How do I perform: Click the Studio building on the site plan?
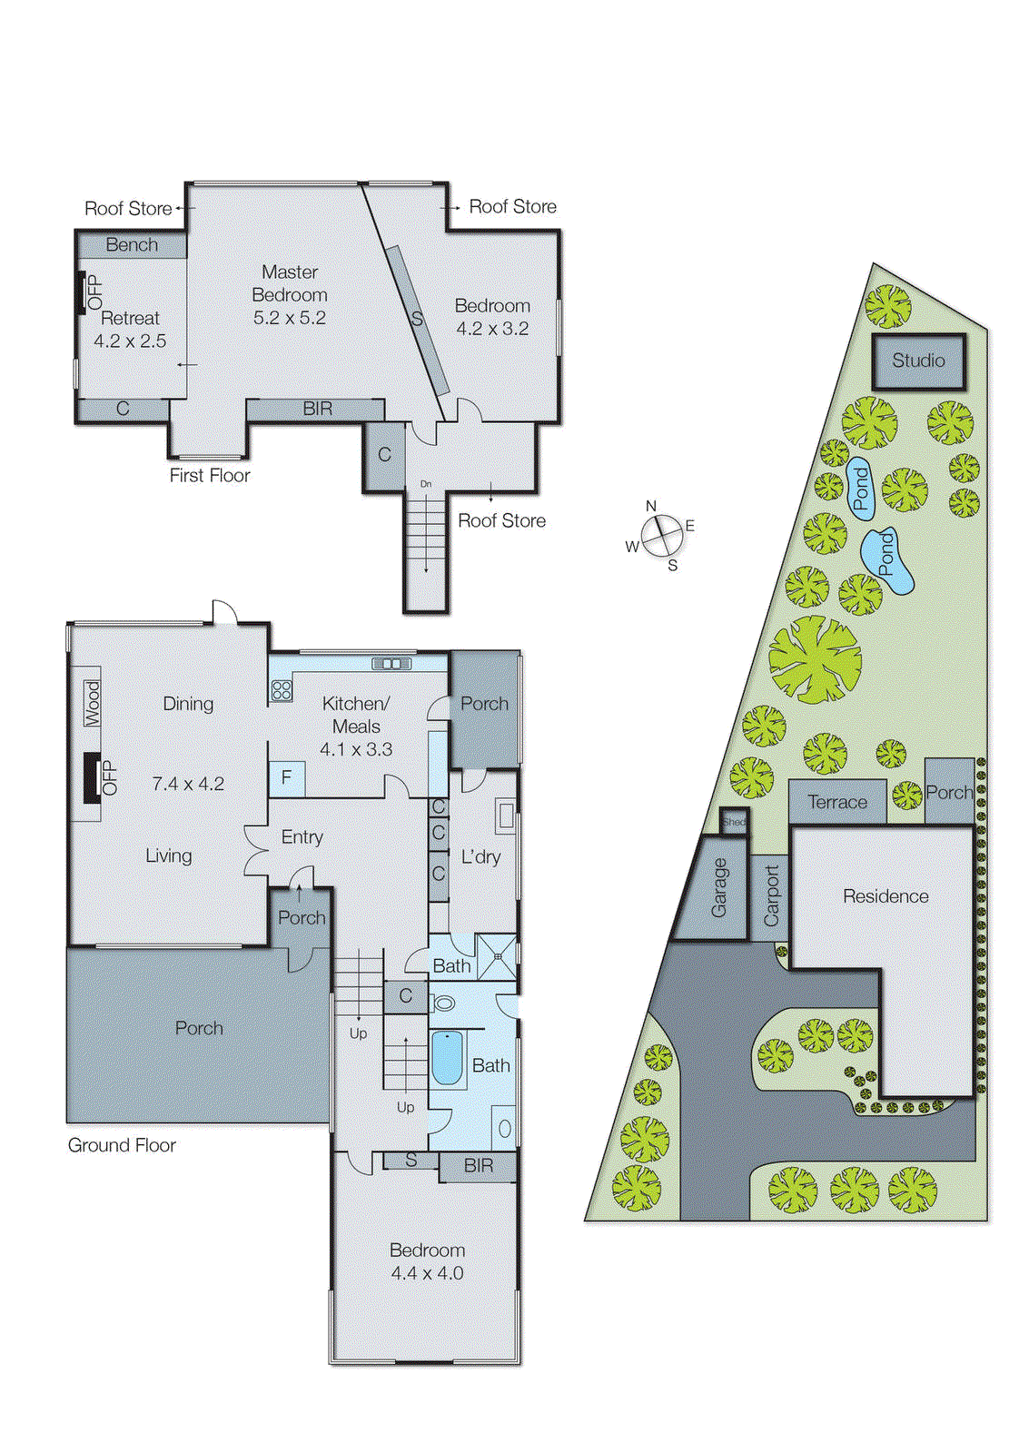point(918,361)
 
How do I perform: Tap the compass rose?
point(661,536)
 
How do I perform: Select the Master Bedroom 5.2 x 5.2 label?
point(290,294)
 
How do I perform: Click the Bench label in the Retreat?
point(132,245)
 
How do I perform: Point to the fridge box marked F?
point(287,778)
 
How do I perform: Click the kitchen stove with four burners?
point(282,690)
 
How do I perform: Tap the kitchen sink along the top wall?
point(392,664)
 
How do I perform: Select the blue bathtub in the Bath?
point(447,1058)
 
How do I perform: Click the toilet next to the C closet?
point(444,1003)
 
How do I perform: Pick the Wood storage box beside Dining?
point(93,703)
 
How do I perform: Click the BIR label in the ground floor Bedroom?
point(479,1166)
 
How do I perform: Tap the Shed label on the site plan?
point(734,822)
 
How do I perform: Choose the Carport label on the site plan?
point(771,896)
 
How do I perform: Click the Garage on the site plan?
point(718,888)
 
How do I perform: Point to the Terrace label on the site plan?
point(837,802)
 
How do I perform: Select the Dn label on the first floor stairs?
point(426,484)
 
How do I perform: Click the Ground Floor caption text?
point(122,1145)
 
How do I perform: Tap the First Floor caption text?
point(210,475)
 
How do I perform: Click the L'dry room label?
point(480,856)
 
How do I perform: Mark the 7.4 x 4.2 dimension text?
point(188,784)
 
